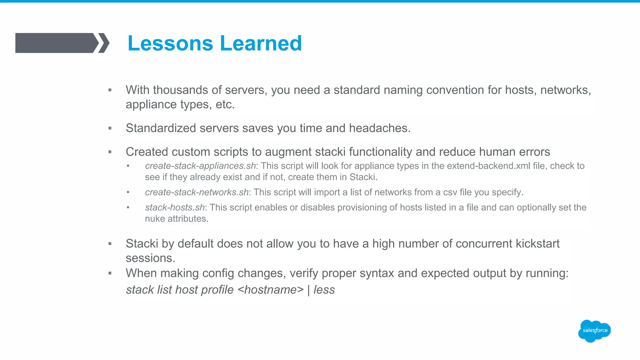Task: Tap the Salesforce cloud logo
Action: click(594, 331)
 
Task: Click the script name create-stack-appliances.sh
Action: click(200, 166)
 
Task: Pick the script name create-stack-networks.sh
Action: click(197, 192)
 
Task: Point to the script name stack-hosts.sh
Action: click(175, 207)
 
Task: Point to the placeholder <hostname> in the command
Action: click(271, 290)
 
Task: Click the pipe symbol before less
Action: click(308, 290)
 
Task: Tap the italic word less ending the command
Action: click(324, 290)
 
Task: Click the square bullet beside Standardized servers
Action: click(110, 128)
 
